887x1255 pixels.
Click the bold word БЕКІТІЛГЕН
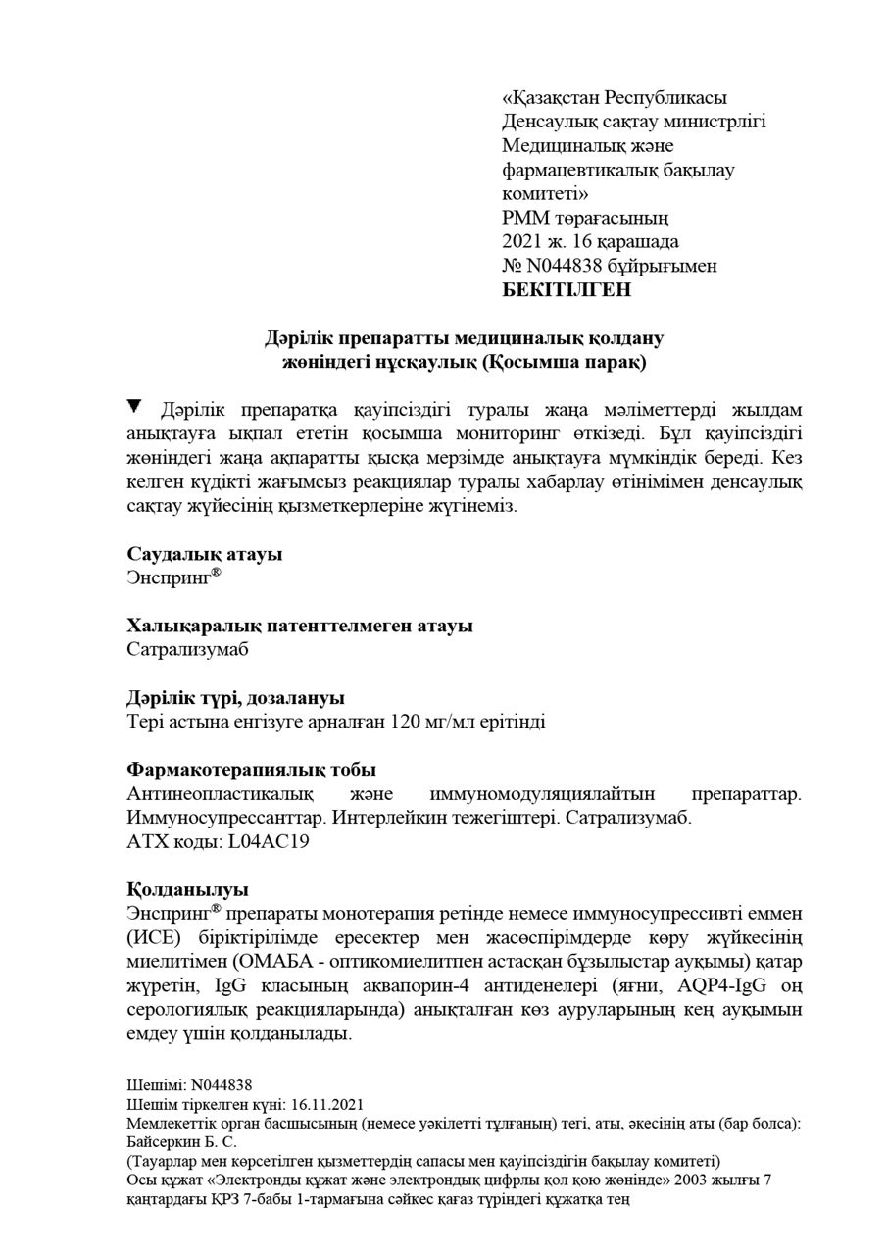(567, 289)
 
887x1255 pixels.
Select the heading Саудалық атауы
(205, 554)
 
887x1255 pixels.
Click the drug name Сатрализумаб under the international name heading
(188, 649)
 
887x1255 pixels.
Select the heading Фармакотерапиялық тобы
(252, 770)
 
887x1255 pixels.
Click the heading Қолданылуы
(187, 889)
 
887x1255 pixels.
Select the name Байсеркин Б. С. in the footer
(182, 1142)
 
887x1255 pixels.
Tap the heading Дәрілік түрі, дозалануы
(235, 697)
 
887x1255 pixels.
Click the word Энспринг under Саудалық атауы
(169, 578)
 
